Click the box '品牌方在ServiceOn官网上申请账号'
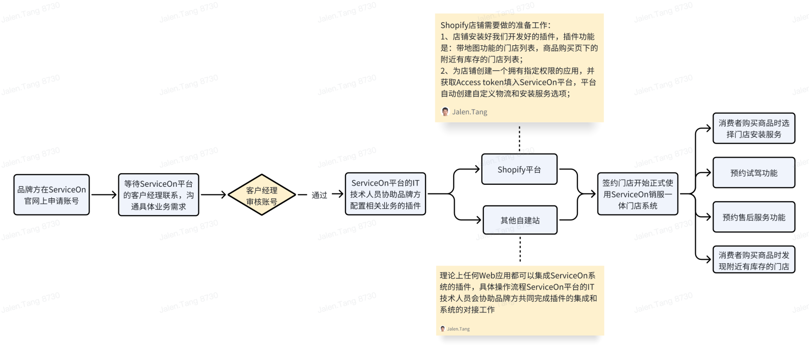[52, 195]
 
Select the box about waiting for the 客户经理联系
[158, 195]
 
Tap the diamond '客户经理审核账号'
[261, 195]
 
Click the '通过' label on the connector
[319, 195]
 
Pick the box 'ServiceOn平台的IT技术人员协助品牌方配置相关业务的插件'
[385, 194]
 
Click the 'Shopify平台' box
[519, 169]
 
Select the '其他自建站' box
[520, 220]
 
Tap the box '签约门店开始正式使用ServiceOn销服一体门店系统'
[638, 194]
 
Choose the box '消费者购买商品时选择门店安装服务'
[754, 129]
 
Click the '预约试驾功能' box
[754, 173]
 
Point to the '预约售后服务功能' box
[754, 217]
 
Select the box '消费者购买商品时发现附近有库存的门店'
[754, 260]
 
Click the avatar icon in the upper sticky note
[445, 112]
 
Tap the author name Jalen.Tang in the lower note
[458, 329]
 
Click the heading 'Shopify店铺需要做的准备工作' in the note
[495, 26]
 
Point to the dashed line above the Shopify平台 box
[520, 139]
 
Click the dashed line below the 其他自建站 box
[520, 249]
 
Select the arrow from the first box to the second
[104, 195]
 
